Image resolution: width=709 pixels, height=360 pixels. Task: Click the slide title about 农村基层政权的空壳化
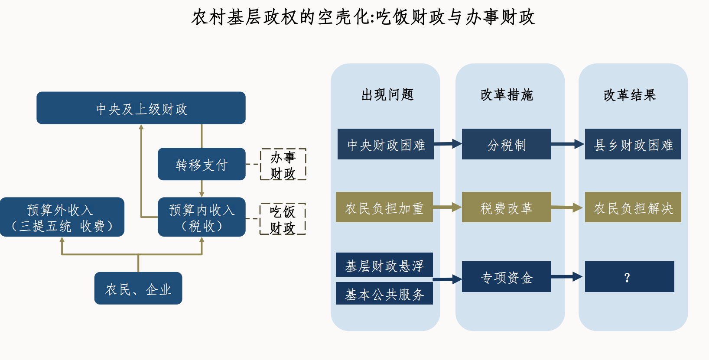(x=363, y=17)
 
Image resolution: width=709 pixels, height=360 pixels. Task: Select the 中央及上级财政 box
(x=141, y=108)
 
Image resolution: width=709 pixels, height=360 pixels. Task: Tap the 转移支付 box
(x=202, y=164)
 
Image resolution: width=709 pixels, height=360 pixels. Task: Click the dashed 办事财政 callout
(x=283, y=165)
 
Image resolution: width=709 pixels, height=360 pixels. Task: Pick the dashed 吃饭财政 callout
(x=283, y=219)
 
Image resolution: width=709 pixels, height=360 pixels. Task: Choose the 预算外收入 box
(x=62, y=217)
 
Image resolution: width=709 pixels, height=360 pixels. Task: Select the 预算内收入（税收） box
(x=202, y=217)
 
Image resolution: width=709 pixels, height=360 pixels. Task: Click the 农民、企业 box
(x=138, y=289)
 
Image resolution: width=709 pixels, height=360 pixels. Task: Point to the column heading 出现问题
(x=387, y=94)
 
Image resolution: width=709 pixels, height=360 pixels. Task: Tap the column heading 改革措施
(x=507, y=94)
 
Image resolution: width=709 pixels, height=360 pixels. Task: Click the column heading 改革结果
(x=630, y=95)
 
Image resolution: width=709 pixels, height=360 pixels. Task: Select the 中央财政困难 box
(x=386, y=144)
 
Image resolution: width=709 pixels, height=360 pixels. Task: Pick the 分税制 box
(x=507, y=144)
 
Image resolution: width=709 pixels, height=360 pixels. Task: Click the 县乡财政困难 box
(x=633, y=144)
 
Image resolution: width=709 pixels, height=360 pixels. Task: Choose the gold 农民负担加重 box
(x=384, y=208)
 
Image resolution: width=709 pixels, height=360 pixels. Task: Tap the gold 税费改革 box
(x=507, y=208)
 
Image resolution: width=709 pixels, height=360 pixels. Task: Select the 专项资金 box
(x=507, y=277)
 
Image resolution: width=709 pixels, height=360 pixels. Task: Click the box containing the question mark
(x=629, y=277)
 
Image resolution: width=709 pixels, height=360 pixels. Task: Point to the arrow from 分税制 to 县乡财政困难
(x=568, y=144)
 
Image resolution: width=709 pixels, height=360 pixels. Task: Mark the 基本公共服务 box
(x=384, y=294)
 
